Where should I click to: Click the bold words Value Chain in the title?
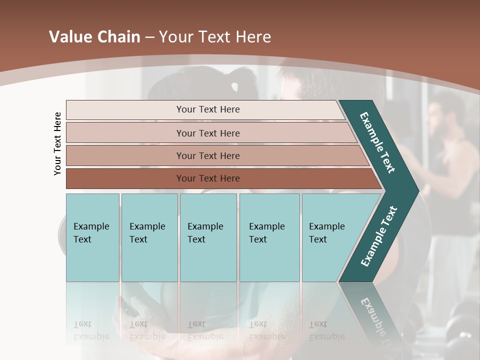(x=94, y=37)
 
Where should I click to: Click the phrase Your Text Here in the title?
(x=215, y=37)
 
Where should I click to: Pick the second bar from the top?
(x=208, y=133)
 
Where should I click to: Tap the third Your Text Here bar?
(x=208, y=155)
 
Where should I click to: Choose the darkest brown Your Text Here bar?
(x=208, y=178)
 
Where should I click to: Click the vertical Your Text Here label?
(x=57, y=143)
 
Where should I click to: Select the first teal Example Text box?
(x=92, y=237)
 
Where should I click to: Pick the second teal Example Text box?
(x=149, y=237)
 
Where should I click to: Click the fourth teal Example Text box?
(x=269, y=237)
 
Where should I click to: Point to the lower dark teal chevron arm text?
(x=379, y=236)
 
